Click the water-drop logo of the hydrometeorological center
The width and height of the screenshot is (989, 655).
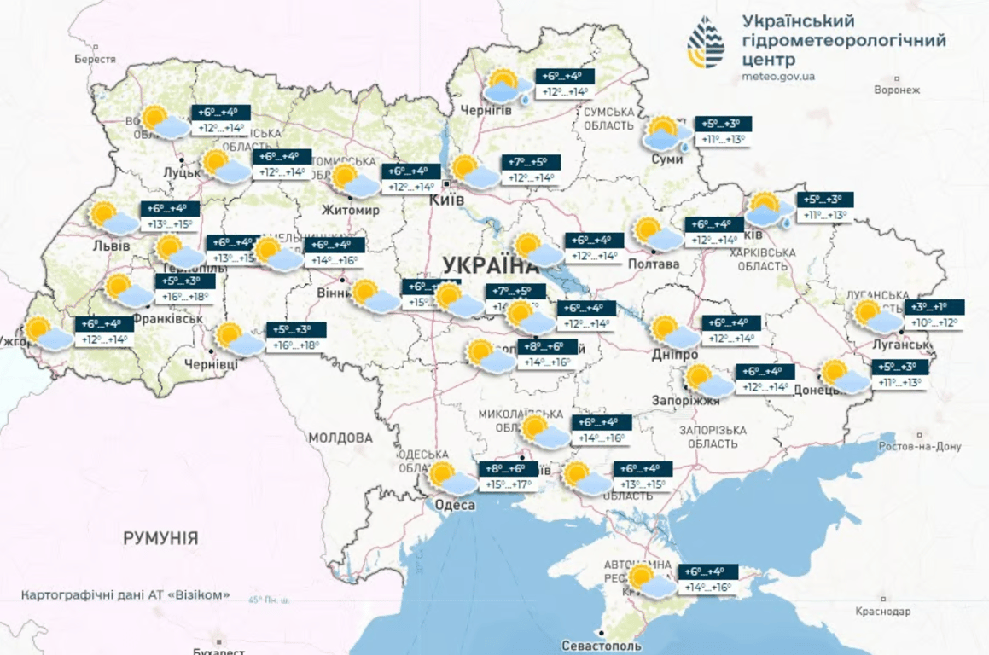pyautogui.click(x=706, y=43)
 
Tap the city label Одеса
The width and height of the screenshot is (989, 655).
pyautogui.click(x=449, y=506)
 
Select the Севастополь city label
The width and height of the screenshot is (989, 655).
pyautogui.click(x=597, y=646)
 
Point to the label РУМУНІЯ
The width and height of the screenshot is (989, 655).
pyautogui.click(x=160, y=538)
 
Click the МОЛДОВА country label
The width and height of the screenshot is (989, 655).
pyautogui.click(x=340, y=438)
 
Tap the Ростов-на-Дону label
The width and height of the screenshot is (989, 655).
pyautogui.click(x=920, y=447)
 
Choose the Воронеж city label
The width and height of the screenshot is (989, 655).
pyautogui.click(x=898, y=90)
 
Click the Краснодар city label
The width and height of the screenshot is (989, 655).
pyautogui.click(x=882, y=612)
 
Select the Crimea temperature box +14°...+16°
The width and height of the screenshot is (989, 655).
pyautogui.click(x=707, y=580)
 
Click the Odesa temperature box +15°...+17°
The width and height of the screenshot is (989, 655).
pyautogui.click(x=509, y=477)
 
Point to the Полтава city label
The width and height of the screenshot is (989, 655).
pyautogui.click(x=654, y=264)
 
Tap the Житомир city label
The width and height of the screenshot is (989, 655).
pyautogui.click(x=350, y=210)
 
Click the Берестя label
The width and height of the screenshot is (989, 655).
pyautogui.click(x=95, y=59)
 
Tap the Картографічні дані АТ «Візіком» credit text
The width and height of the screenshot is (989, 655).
pyautogui.click(x=125, y=595)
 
